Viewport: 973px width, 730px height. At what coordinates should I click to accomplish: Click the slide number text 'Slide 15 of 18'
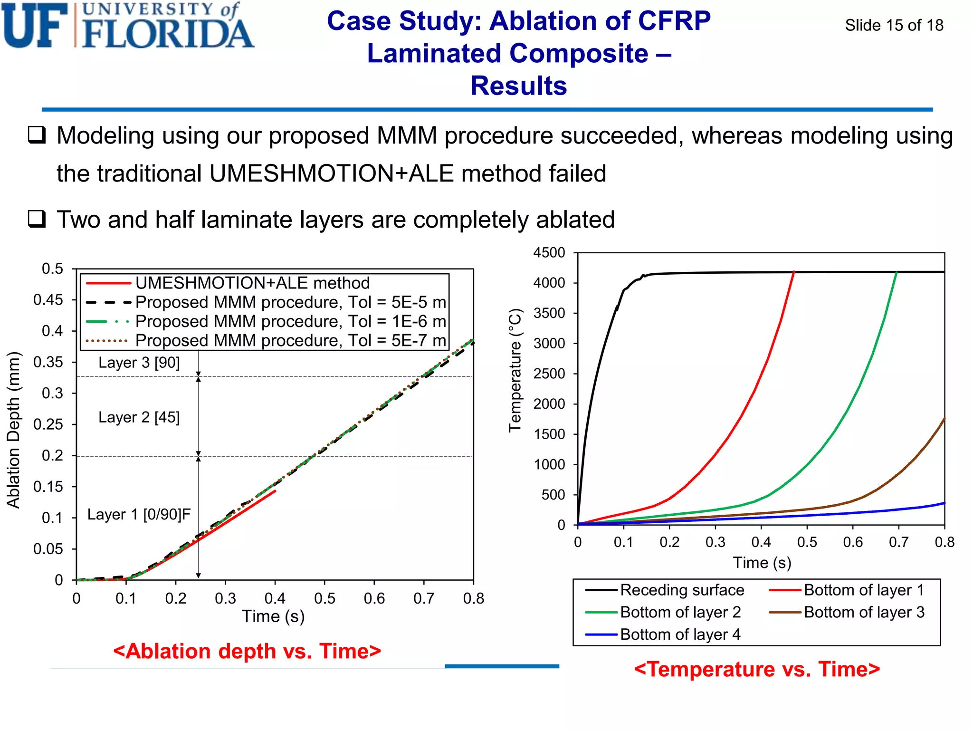pyautogui.click(x=894, y=25)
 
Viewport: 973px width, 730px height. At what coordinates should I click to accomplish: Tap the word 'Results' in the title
pyautogui.click(x=518, y=86)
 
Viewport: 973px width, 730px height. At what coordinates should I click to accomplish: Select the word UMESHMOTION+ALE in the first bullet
pyautogui.click(x=331, y=173)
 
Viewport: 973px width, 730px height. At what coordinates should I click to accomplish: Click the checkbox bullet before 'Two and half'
pyautogui.click(x=37, y=219)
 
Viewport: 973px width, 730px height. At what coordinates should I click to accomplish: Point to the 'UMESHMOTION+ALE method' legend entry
pyautogui.click(x=252, y=283)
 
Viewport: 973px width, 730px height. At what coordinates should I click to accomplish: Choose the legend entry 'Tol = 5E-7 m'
pyautogui.click(x=290, y=341)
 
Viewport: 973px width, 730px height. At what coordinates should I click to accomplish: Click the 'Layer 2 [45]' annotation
pyautogui.click(x=139, y=417)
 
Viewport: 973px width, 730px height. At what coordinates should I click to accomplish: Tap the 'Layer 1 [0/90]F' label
pyautogui.click(x=139, y=514)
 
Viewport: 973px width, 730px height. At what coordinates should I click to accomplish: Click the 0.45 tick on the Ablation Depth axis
pyautogui.click(x=48, y=300)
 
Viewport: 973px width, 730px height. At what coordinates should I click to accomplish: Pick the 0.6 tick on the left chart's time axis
pyautogui.click(x=374, y=598)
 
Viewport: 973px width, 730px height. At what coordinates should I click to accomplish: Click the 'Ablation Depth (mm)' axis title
pyautogui.click(x=13, y=430)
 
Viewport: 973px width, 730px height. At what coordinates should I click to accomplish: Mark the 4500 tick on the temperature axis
pyautogui.click(x=549, y=253)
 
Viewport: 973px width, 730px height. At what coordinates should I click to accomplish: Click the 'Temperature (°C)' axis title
pyautogui.click(x=515, y=371)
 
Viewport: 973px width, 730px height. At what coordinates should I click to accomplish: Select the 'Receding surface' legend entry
pyautogui.click(x=682, y=590)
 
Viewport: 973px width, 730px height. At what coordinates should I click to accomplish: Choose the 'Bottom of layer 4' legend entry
pyautogui.click(x=680, y=634)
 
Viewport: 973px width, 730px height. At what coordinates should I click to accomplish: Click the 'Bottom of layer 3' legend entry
pyautogui.click(x=864, y=613)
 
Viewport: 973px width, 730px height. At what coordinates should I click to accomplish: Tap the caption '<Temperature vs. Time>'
pyautogui.click(x=757, y=669)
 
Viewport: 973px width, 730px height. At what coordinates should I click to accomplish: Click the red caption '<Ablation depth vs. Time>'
pyautogui.click(x=247, y=651)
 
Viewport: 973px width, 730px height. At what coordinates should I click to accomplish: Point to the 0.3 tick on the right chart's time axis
pyautogui.click(x=715, y=542)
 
